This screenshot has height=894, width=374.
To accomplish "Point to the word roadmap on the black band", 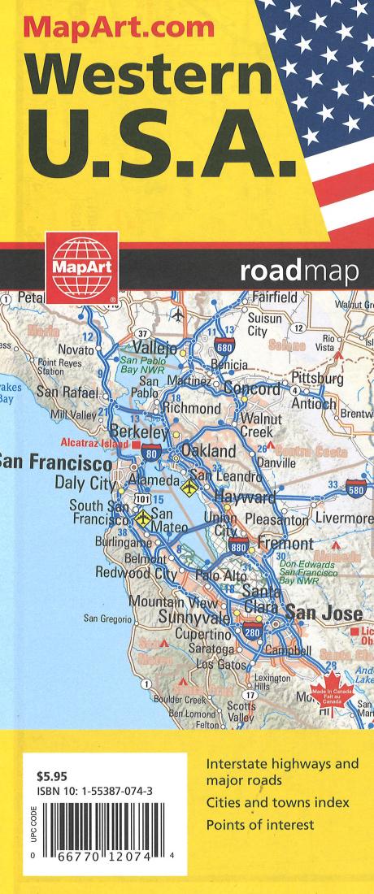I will pos(299,273).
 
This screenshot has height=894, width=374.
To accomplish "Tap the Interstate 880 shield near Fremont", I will pos(238,545).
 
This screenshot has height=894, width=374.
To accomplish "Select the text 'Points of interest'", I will pos(260,826).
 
